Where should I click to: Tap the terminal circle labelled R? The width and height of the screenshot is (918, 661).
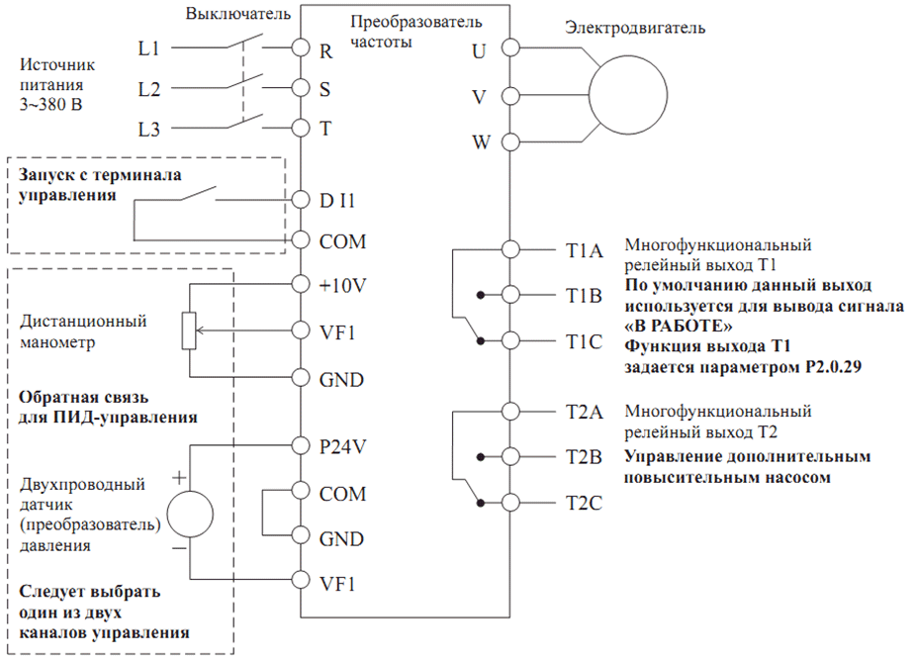301,47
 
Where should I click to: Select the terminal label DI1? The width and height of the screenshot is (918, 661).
337,201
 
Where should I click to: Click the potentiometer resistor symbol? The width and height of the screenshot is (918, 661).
189,330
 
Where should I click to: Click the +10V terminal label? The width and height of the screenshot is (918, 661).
342,286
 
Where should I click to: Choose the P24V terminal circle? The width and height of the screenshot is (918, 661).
301,445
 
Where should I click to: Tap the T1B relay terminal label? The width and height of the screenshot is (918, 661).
584,296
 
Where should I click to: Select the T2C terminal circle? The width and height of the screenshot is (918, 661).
510,503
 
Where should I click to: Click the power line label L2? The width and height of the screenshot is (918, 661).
148,89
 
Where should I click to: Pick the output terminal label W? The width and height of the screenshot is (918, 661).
481,142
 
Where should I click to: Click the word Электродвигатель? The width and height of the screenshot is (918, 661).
635,28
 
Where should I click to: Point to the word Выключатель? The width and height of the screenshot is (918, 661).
237,14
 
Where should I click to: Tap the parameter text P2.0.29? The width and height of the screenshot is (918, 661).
833,367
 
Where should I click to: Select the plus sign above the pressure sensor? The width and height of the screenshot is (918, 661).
179,478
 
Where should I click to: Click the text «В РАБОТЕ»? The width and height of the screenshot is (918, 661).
678,326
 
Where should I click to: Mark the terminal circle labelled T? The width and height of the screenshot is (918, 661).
301,128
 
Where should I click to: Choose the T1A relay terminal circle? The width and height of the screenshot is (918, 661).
510,249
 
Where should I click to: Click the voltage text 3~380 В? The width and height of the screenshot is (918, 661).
50,105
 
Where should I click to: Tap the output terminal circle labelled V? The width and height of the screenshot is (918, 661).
510,95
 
